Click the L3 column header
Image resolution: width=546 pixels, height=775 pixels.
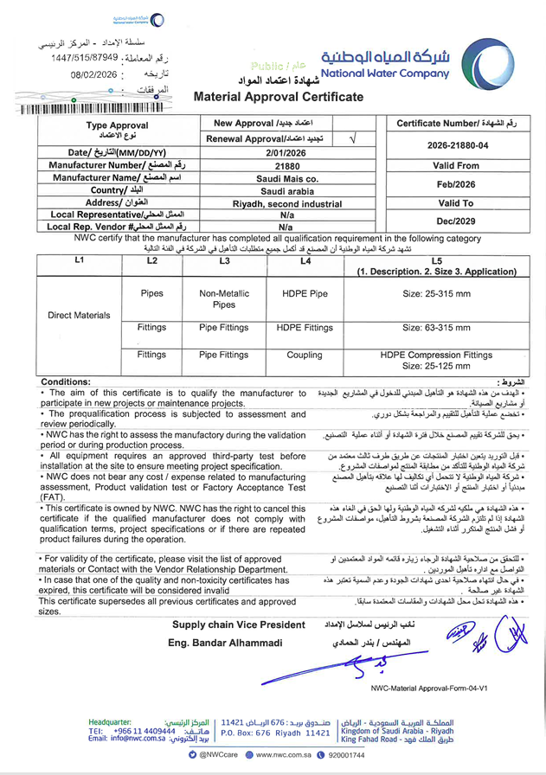click(x=225, y=260)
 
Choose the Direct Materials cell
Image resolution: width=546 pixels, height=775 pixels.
click(x=80, y=317)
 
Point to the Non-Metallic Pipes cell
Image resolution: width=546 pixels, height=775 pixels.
click(x=224, y=299)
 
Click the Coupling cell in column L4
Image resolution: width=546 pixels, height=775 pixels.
click(x=305, y=355)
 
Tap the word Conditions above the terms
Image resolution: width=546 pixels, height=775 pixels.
click(x=65, y=381)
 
